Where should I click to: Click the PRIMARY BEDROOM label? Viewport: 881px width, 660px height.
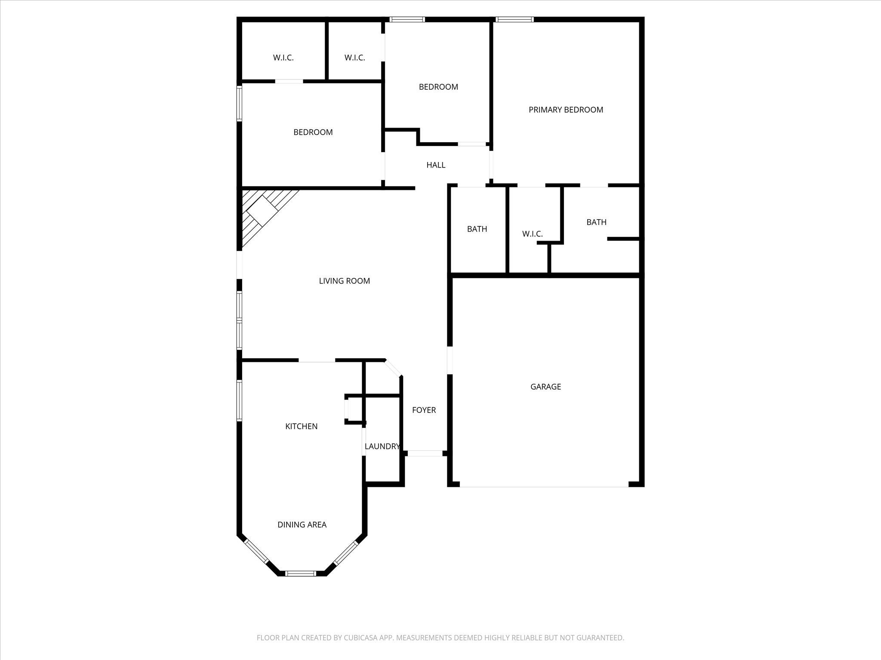pos(566,110)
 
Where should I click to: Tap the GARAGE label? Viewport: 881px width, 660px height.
pos(545,387)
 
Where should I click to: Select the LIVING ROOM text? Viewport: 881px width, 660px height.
pos(344,281)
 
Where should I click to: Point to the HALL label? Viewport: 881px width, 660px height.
pos(436,165)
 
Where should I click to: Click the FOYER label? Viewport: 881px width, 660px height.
pos(424,410)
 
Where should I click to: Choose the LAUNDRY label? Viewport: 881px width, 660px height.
pos(382,446)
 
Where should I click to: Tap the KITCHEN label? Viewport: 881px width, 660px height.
pos(301,426)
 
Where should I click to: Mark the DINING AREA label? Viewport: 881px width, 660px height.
pos(302,525)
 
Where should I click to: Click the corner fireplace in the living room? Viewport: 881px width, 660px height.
pos(262,213)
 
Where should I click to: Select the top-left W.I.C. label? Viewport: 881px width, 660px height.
pos(283,58)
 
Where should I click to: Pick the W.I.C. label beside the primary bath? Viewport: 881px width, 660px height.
pos(532,234)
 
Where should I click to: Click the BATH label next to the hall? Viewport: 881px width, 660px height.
pos(477,229)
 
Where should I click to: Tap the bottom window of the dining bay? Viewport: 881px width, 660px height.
pos(301,573)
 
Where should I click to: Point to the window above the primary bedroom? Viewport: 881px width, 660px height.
pos(514,19)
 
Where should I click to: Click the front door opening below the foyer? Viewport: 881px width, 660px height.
pos(425,453)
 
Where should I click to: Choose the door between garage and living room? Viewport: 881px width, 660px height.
pos(450,360)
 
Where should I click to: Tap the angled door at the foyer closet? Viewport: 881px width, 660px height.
pos(393,368)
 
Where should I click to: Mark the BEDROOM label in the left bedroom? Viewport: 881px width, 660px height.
pos(313,132)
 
